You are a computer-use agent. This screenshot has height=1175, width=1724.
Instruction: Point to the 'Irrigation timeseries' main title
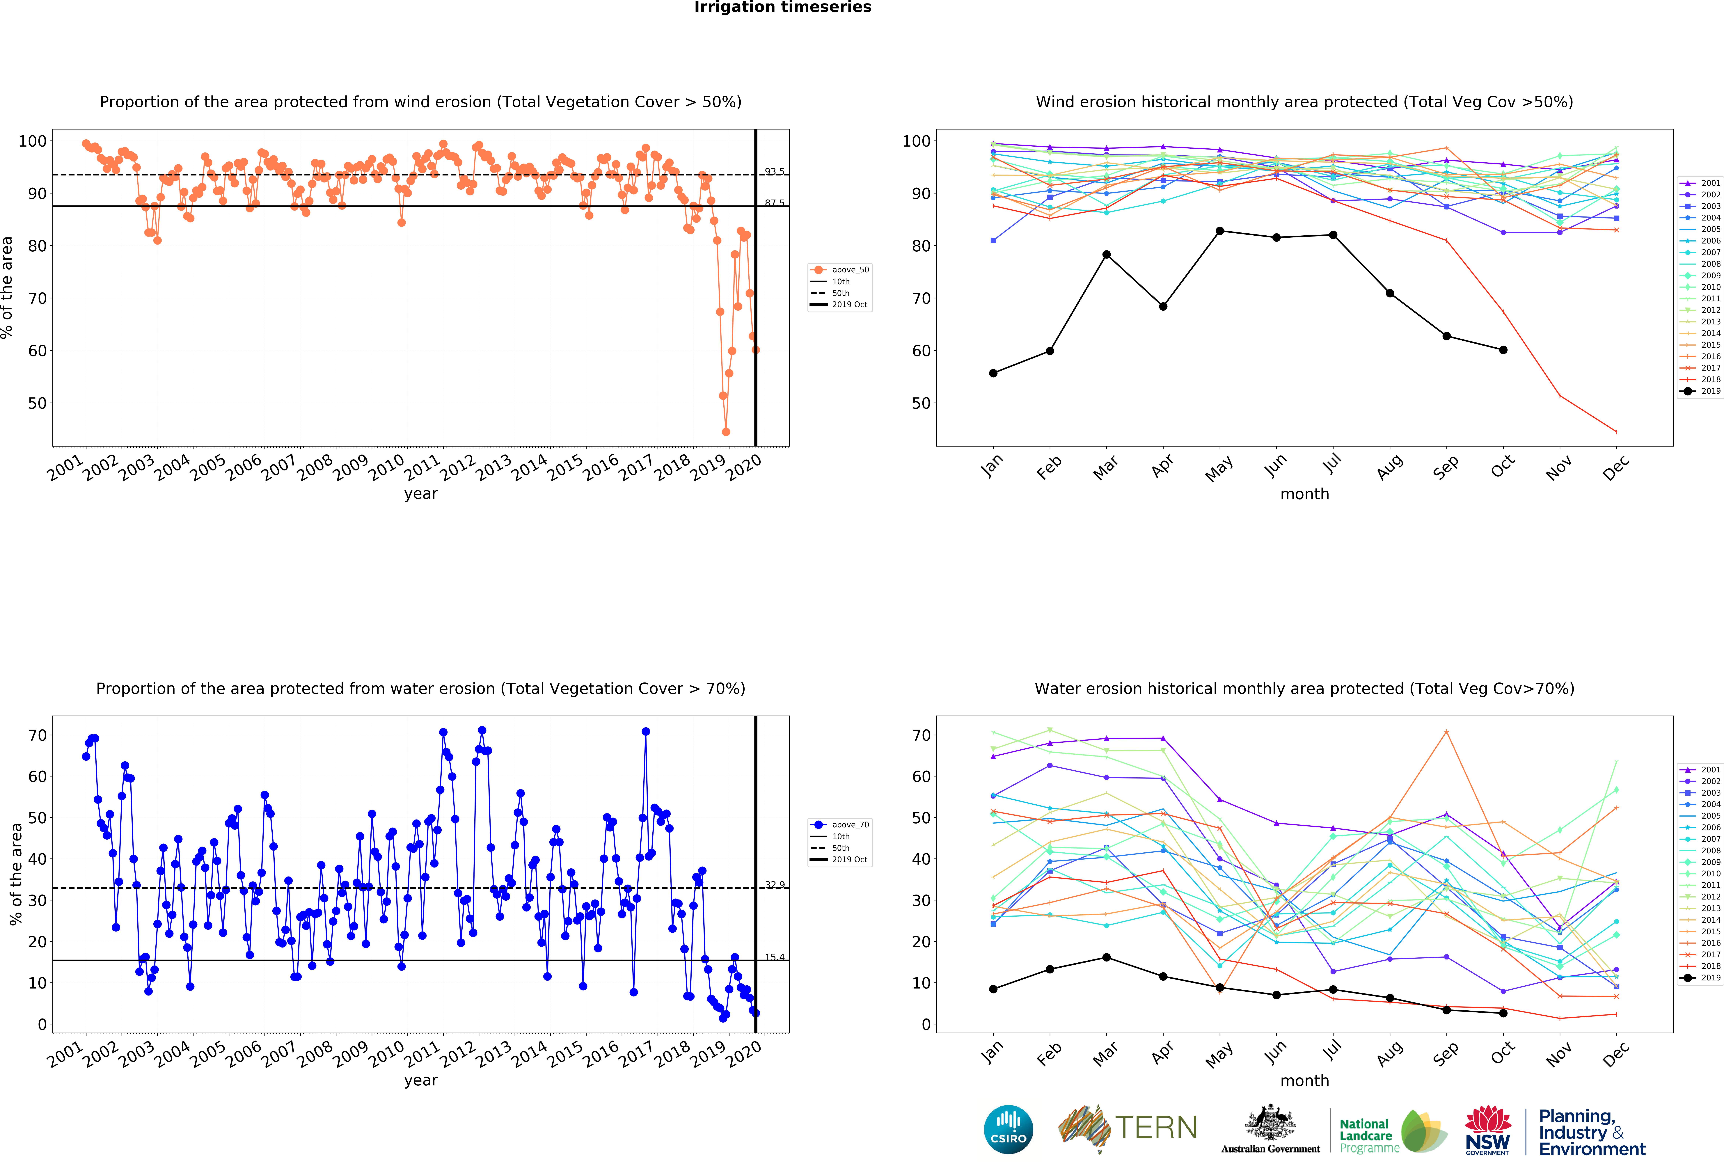(783, 7)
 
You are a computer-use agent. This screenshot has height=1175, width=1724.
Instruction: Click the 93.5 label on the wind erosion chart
(775, 171)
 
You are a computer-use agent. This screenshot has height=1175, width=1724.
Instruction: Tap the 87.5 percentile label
(775, 202)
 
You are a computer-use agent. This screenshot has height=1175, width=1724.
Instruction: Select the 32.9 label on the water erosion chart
(775, 884)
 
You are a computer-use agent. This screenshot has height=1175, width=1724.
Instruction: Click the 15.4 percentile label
(775, 957)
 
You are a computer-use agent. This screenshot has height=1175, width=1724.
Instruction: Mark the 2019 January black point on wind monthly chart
(993, 373)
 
